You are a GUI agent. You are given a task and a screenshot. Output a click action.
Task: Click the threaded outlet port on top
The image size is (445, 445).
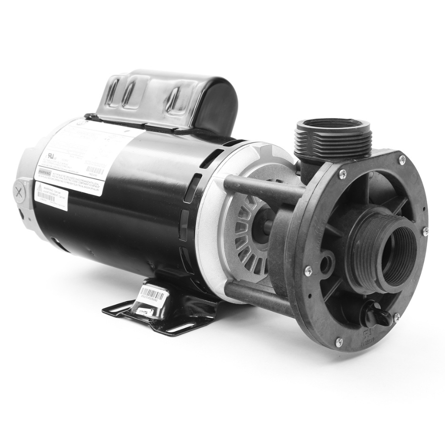coord(332,134)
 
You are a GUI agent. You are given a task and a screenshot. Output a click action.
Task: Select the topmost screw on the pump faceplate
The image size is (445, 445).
coord(401,159)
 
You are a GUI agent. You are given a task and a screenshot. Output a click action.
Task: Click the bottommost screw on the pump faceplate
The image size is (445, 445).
coord(339,341)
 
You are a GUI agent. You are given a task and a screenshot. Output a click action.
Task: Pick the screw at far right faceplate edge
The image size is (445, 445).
coord(424,230)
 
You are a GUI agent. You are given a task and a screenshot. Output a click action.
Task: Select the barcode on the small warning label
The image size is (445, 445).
coord(45,196)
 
